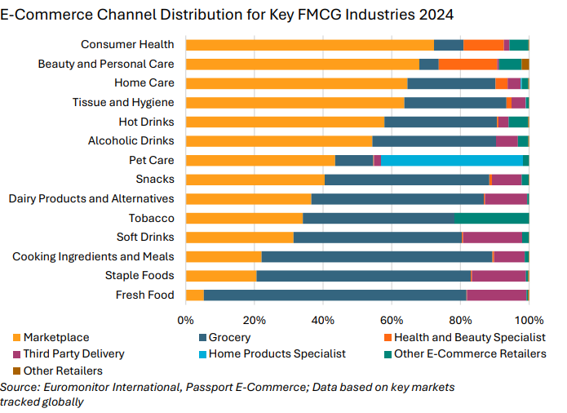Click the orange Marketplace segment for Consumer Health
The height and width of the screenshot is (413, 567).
click(310, 45)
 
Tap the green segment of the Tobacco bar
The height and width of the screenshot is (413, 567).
click(492, 218)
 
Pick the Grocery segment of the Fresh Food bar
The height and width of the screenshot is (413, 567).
click(334, 295)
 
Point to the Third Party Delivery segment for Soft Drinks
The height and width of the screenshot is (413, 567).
click(492, 237)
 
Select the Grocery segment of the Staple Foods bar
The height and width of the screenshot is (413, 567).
click(364, 276)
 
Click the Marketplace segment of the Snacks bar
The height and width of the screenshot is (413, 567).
click(255, 180)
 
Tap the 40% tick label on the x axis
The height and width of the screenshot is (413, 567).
click(323, 319)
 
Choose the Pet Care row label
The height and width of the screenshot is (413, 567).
click(151, 160)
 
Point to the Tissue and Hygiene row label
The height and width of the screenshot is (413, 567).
click(122, 102)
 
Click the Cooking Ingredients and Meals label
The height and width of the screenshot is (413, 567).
click(93, 256)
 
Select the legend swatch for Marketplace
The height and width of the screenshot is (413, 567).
click(17, 337)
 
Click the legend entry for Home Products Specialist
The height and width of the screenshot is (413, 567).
click(277, 353)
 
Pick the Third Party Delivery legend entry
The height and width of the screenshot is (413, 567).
click(74, 353)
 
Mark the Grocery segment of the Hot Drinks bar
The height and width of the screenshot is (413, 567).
click(441, 122)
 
